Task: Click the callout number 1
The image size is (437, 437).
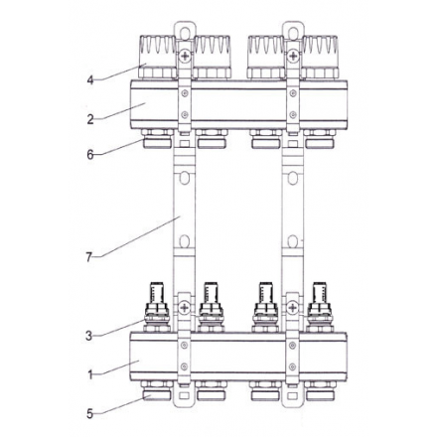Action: coord(89,374)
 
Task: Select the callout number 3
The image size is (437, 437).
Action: coord(89,336)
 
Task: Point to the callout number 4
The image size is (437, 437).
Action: coord(89,79)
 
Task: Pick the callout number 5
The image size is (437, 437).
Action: coord(89,413)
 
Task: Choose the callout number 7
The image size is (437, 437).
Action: coord(89,256)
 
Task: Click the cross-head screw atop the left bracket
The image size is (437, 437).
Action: coord(184,58)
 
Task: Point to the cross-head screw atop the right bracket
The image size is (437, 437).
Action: coord(292,58)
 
